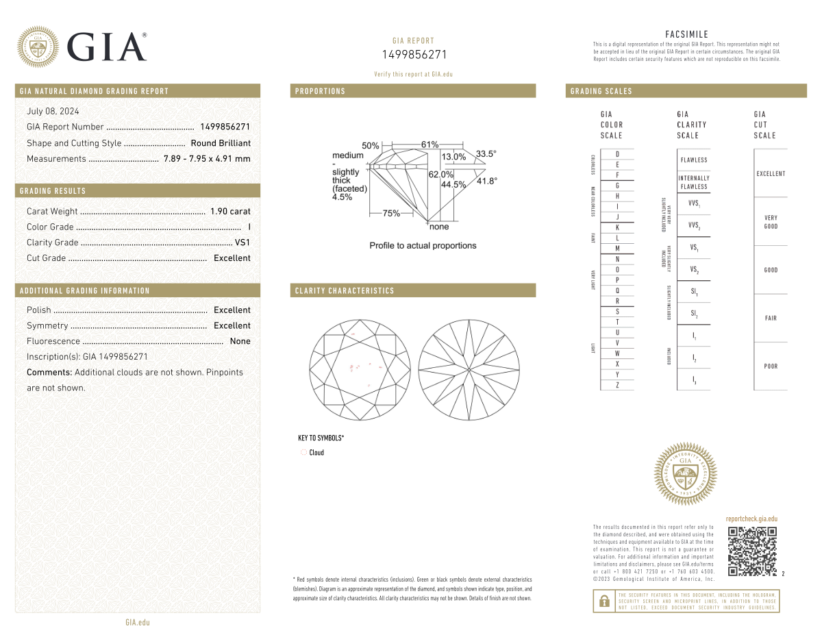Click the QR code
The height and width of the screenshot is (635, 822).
pyautogui.click(x=752, y=551)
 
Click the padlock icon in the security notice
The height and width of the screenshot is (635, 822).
pyautogui.click(x=604, y=601)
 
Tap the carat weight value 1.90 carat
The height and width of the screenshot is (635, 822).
pyautogui.click(x=230, y=212)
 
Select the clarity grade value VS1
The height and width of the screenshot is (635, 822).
pyautogui.click(x=242, y=242)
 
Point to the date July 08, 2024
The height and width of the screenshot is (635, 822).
pyautogui.click(x=53, y=111)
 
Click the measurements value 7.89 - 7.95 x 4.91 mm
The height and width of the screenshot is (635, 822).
pyautogui.click(x=207, y=159)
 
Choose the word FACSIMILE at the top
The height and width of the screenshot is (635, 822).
pyautogui.click(x=686, y=34)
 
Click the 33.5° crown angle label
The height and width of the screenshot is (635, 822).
pyautogui.click(x=486, y=153)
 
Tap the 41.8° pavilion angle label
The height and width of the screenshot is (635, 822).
pyautogui.click(x=486, y=181)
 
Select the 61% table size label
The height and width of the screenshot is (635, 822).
pyautogui.click(x=429, y=145)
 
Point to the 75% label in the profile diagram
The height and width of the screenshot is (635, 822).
pyautogui.click(x=391, y=213)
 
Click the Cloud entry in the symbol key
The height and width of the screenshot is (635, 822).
pyautogui.click(x=316, y=453)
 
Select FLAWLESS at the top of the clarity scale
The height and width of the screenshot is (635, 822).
pyautogui.click(x=694, y=160)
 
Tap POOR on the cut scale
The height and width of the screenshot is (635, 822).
pyautogui.click(x=771, y=366)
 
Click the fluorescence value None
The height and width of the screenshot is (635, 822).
pyautogui.click(x=240, y=341)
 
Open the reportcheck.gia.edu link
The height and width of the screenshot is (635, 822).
pyautogui.click(x=751, y=519)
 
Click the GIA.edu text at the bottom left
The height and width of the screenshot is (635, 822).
pyautogui.click(x=137, y=622)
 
